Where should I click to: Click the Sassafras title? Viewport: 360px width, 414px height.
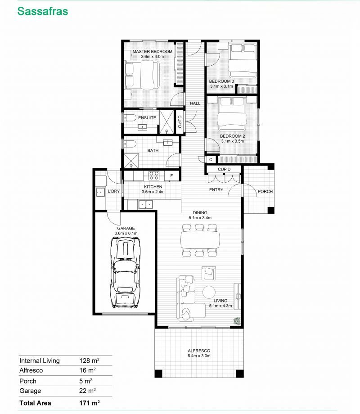click(x=42, y=11)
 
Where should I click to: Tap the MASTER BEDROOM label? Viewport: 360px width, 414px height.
click(x=153, y=51)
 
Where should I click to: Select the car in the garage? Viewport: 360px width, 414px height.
click(x=125, y=272)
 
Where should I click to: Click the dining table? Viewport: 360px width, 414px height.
click(x=200, y=240)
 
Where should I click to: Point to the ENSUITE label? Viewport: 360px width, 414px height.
click(x=147, y=118)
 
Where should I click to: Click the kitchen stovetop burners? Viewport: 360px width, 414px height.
click(x=154, y=175)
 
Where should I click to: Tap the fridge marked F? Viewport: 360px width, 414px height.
click(x=172, y=175)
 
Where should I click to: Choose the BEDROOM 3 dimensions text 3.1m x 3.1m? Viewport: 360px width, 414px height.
click(x=221, y=86)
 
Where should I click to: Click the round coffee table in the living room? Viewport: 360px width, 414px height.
click(x=209, y=292)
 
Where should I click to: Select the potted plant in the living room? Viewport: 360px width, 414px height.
click(x=238, y=321)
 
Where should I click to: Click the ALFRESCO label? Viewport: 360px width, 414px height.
click(x=199, y=351)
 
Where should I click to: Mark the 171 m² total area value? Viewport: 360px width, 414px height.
click(x=90, y=403)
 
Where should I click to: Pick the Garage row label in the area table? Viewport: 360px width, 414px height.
click(x=30, y=391)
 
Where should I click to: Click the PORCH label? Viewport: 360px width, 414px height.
click(x=265, y=191)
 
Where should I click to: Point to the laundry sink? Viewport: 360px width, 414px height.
click(x=100, y=192)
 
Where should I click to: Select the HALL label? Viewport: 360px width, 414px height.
click(x=195, y=103)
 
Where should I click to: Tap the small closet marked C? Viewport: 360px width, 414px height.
click(x=211, y=159)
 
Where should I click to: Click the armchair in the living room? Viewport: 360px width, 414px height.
click(x=209, y=273)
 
